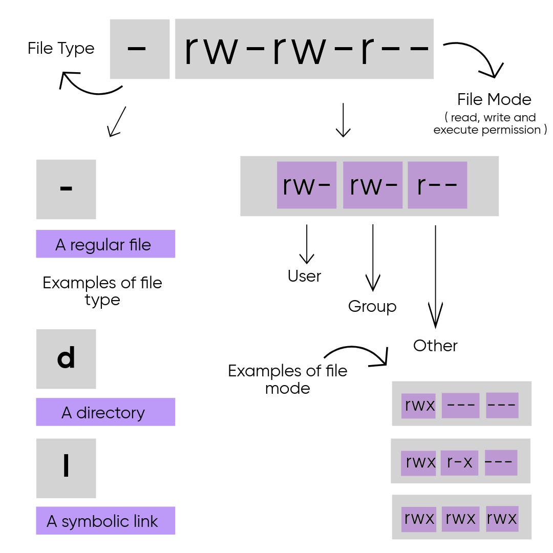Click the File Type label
[x=61, y=49]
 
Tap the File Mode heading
[x=494, y=99]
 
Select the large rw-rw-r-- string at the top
[x=305, y=49]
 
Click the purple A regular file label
[x=105, y=244]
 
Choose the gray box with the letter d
[x=66, y=358]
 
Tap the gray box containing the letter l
[x=66, y=468]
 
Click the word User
[x=305, y=276]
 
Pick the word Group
[x=372, y=306]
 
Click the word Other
[x=435, y=346]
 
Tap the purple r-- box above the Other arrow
[x=437, y=185]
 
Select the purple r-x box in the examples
[x=459, y=462]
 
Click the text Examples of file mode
[x=287, y=379]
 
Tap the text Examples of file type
[x=102, y=291]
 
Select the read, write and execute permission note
[x=490, y=124]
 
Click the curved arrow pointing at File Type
[x=87, y=86]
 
